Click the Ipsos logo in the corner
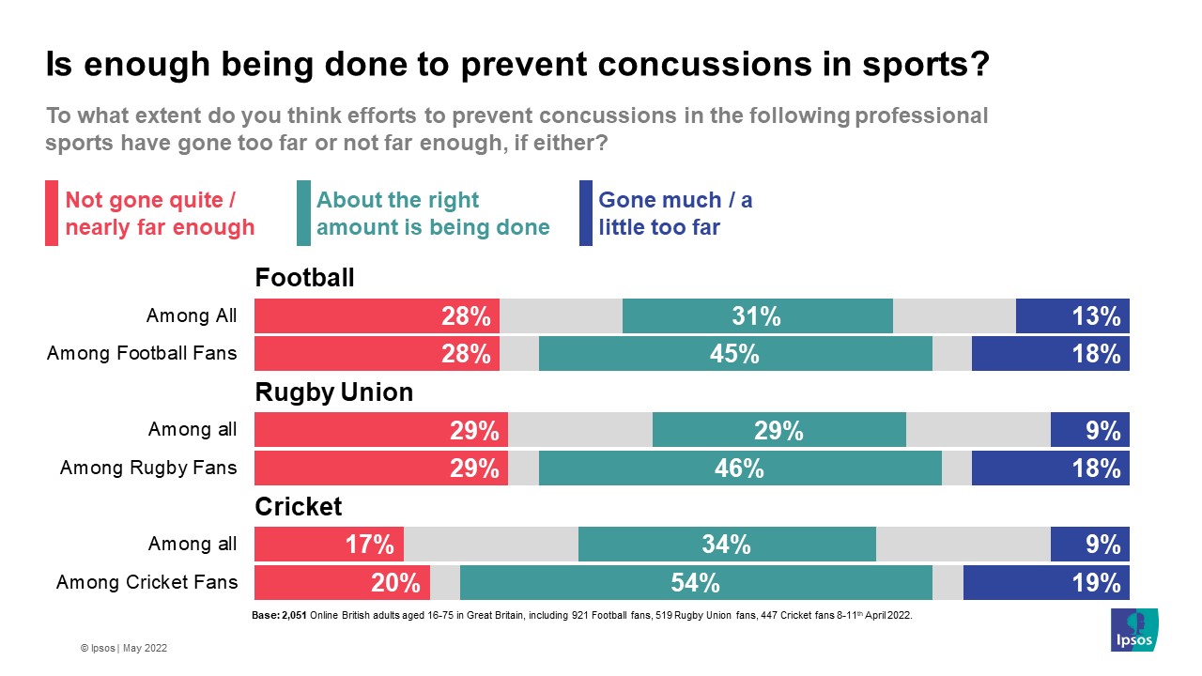click(x=1134, y=630)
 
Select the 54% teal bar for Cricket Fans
click(x=696, y=582)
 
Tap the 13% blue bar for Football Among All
click(x=1072, y=316)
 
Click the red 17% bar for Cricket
click(x=329, y=544)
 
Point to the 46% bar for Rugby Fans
click(x=740, y=468)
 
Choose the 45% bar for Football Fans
click(x=735, y=354)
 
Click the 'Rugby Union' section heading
click(x=333, y=392)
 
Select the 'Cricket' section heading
click(x=299, y=506)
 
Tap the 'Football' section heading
click(x=304, y=278)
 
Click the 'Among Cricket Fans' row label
click(x=146, y=582)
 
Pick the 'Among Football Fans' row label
click(x=142, y=354)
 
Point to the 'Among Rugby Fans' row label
click(x=148, y=468)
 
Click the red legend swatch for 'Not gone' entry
click(x=52, y=213)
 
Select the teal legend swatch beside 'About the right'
click(x=303, y=213)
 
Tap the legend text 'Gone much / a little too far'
click(x=674, y=213)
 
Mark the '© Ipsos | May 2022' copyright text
click(x=123, y=648)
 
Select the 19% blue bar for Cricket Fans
click(x=1046, y=582)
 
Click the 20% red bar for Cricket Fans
click(x=342, y=582)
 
